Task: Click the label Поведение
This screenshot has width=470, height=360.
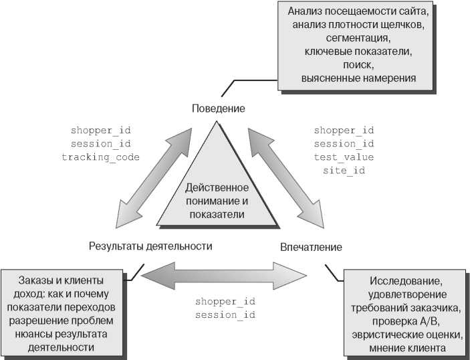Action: [x=218, y=108]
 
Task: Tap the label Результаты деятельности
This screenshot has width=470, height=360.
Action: [x=150, y=246]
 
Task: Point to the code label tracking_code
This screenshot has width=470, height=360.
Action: [x=100, y=157]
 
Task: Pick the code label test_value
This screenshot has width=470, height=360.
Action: [x=344, y=157]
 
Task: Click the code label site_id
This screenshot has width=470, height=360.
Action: [x=344, y=170]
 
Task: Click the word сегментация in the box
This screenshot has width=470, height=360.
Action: [x=354, y=38]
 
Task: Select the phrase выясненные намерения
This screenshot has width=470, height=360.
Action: [x=359, y=78]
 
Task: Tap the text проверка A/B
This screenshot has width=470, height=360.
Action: [x=406, y=322]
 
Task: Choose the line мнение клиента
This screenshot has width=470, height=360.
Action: [x=406, y=349]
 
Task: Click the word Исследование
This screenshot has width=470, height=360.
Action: [x=406, y=282]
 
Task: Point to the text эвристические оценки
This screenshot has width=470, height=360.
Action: [x=406, y=335]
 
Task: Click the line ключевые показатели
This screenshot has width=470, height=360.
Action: [x=358, y=52]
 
